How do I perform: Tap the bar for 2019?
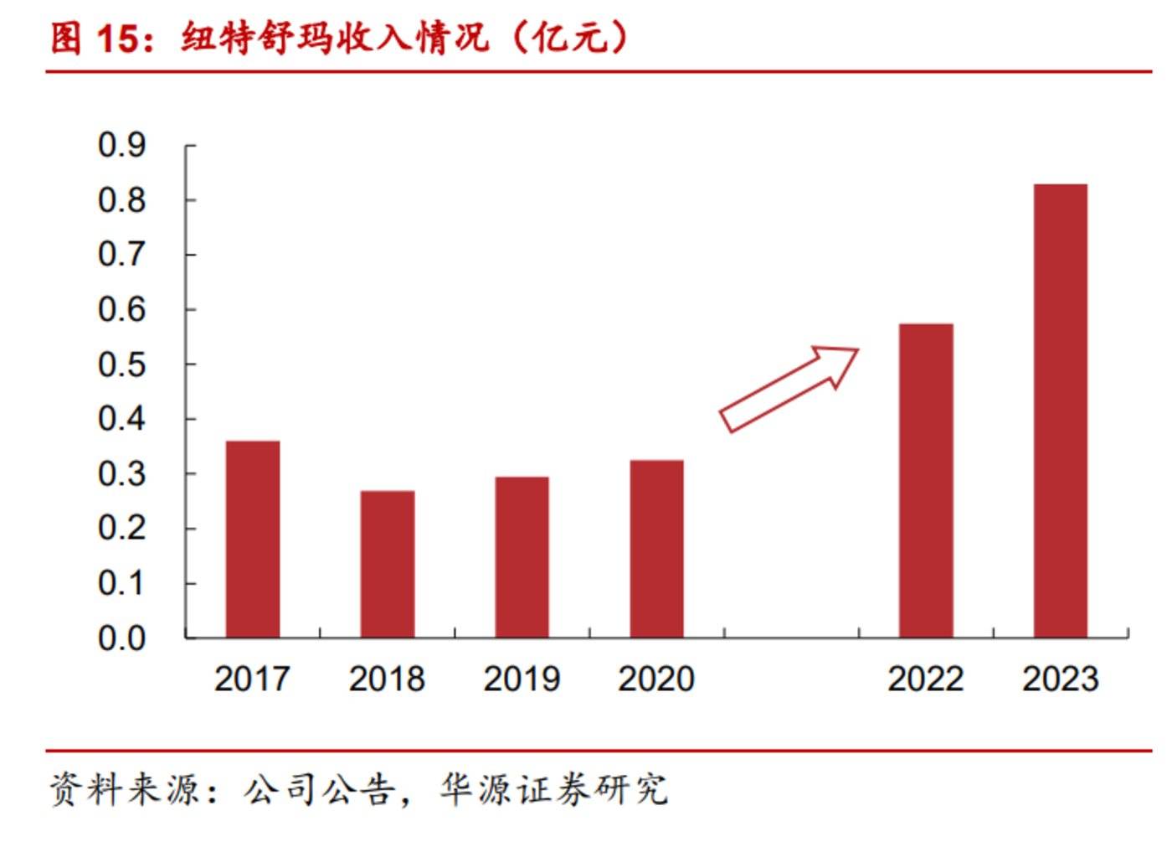pyautogui.click(x=522, y=557)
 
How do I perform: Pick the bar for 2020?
pyautogui.click(x=656, y=549)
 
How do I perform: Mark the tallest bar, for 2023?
pyautogui.click(x=1060, y=411)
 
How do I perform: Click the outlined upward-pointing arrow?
pyautogui.click(x=789, y=388)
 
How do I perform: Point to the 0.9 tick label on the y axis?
pyautogui.click(x=121, y=145)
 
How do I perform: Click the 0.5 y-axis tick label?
pyautogui.click(x=121, y=364)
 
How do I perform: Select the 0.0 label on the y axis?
pyautogui.click(x=121, y=638)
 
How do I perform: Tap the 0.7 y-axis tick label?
pyautogui.click(x=121, y=255)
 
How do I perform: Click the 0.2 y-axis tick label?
pyautogui.click(x=121, y=529)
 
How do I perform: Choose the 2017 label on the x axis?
pyautogui.click(x=252, y=679)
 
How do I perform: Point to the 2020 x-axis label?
pyautogui.click(x=656, y=679)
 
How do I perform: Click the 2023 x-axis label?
pyautogui.click(x=1060, y=679)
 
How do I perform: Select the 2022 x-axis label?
pyautogui.click(x=925, y=679)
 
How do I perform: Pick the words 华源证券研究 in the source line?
pyautogui.click(x=554, y=789)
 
